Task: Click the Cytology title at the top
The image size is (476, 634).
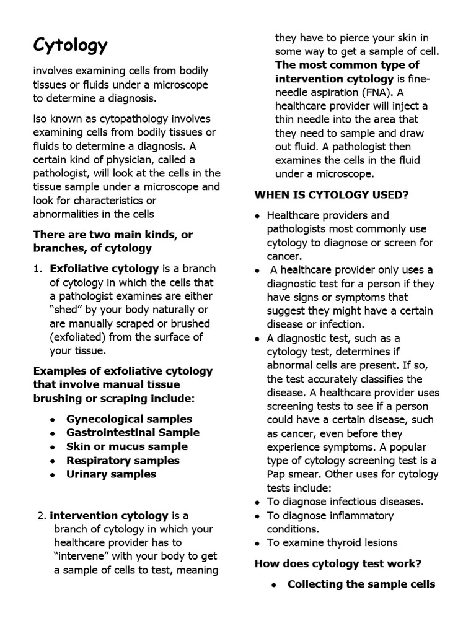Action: (x=70, y=45)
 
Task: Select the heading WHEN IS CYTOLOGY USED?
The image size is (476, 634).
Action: (x=332, y=195)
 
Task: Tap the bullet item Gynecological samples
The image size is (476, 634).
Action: (x=129, y=419)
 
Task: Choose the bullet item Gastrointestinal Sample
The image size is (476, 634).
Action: (x=133, y=433)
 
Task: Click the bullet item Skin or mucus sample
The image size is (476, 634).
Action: (x=126, y=446)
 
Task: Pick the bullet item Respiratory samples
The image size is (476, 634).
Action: (x=123, y=461)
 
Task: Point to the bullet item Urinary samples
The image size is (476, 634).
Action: (x=111, y=474)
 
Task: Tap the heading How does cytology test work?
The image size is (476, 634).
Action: (x=338, y=563)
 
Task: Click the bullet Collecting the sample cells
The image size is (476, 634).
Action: (x=361, y=584)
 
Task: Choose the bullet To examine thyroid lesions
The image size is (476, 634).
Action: (x=332, y=543)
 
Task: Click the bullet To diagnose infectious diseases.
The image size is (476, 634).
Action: (x=345, y=502)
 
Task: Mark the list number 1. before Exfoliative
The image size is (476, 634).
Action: (x=38, y=269)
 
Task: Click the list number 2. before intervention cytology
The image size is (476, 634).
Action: (x=41, y=516)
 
